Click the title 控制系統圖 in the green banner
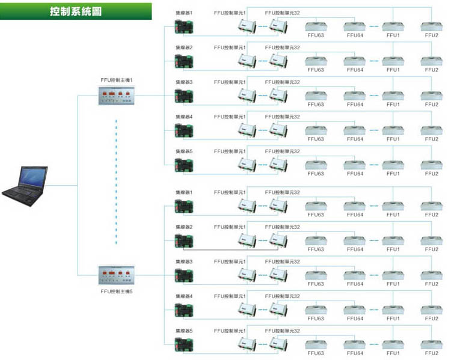pos(75,12)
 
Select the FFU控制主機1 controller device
pos(116,95)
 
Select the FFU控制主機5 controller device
pos(116,276)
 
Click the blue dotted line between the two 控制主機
pos(116,180)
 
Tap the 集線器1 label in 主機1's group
pos(184,13)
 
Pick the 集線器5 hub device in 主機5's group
pos(184,344)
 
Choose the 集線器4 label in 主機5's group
pos(184,296)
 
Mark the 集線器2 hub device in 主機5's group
pos(184,240)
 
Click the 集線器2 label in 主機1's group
pos(184,47)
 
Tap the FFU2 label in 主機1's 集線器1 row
pos(431,35)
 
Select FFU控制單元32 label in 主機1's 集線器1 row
pos(282,13)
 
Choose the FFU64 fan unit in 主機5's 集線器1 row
pos(355,206)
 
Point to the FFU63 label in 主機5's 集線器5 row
pos(316,353)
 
